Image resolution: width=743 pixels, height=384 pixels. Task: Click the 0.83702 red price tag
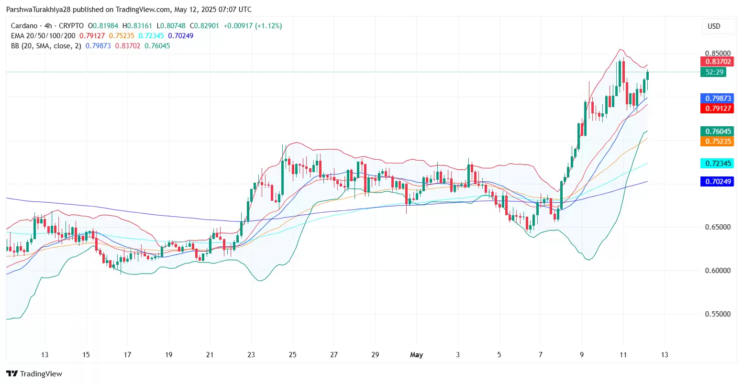tap(717, 62)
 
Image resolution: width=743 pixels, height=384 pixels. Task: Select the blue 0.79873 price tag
tap(717, 99)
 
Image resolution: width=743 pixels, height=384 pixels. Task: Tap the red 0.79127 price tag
tap(717, 109)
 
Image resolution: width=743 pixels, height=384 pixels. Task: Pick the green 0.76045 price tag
tap(717, 132)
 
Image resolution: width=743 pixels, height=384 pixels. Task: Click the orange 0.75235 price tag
tap(717, 142)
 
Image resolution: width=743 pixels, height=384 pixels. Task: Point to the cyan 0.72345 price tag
tap(717, 164)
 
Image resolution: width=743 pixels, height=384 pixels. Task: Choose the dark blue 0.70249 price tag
tap(717, 182)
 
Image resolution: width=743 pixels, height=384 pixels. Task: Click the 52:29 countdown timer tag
tap(713, 72)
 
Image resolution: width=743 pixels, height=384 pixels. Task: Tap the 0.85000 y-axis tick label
tap(718, 54)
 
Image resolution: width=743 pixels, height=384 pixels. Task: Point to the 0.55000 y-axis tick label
tap(718, 314)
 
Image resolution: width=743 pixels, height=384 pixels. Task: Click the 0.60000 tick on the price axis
tap(718, 271)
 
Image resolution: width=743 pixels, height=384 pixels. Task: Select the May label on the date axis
tap(416, 355)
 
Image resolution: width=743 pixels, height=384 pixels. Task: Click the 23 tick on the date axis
tap(251, 355)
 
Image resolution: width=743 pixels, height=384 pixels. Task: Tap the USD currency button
tap(714, 26)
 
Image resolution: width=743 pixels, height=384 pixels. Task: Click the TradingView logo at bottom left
tap(34, 374)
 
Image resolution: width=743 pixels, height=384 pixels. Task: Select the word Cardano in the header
tap(24, 26)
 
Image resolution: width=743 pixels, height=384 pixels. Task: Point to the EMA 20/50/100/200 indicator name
tap(43, 36)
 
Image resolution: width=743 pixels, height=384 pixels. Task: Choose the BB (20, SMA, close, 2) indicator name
tap(46, 46)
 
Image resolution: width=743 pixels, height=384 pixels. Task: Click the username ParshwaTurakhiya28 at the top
tap(38, 10)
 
